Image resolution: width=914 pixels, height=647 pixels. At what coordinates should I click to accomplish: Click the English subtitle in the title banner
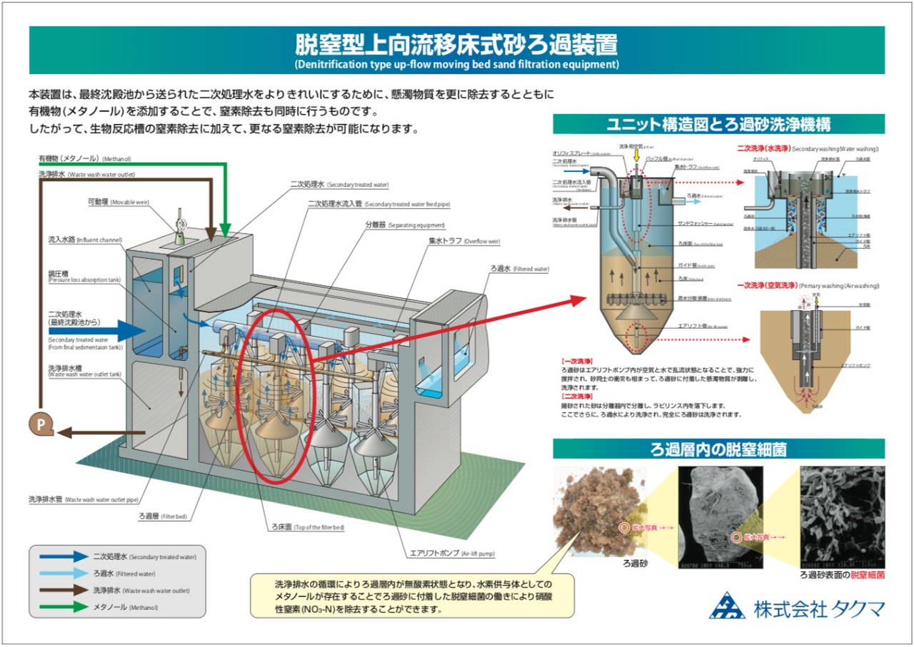(x=456, y=64)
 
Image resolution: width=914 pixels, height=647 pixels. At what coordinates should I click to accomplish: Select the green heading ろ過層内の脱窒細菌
(x=718, y=449)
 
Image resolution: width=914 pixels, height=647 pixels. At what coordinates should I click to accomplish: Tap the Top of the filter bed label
(x=303, y=527)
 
